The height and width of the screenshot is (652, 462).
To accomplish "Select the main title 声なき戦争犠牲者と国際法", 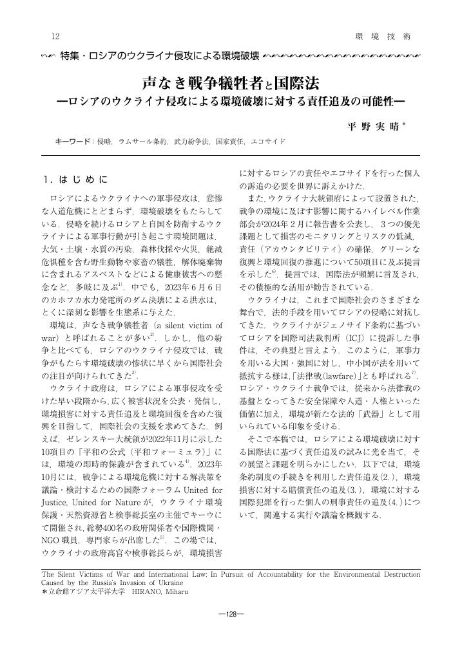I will pos(230,84).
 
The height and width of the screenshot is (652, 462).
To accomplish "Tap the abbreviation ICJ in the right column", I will pos(356,337).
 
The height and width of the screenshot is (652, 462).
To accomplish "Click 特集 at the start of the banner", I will pos(69,56).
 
